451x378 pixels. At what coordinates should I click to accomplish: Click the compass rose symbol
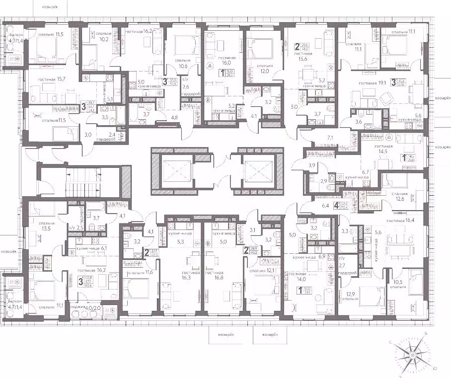412,356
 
